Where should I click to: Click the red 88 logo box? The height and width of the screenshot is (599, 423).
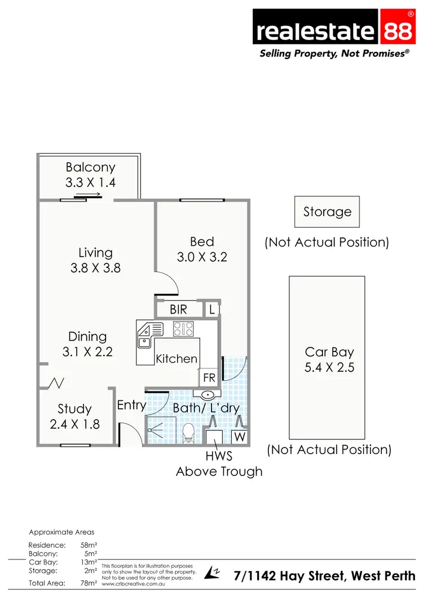(398, 29)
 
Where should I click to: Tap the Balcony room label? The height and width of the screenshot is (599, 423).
(90, 168)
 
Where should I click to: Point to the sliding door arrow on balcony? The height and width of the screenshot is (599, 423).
(88, 195)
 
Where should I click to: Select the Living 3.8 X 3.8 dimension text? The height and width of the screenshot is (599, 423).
(95, 268)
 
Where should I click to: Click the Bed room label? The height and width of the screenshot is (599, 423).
(202, 242)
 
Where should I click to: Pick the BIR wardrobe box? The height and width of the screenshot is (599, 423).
(178, 310)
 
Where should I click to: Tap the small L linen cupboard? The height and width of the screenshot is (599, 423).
(211, 309)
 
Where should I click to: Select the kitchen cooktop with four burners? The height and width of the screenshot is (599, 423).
(183, 328)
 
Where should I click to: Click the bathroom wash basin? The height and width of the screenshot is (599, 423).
(207, 394)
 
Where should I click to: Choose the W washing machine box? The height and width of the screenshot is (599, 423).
(240, 437)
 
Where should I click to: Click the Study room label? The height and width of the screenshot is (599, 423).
(74, 409)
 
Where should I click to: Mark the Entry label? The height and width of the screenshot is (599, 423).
(131, 405)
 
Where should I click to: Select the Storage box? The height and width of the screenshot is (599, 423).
(327, 212)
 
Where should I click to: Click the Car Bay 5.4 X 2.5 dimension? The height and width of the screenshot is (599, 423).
(329, 368)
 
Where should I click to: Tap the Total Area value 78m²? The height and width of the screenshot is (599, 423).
(89, 583)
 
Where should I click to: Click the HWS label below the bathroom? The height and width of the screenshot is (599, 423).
(219, 456)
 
